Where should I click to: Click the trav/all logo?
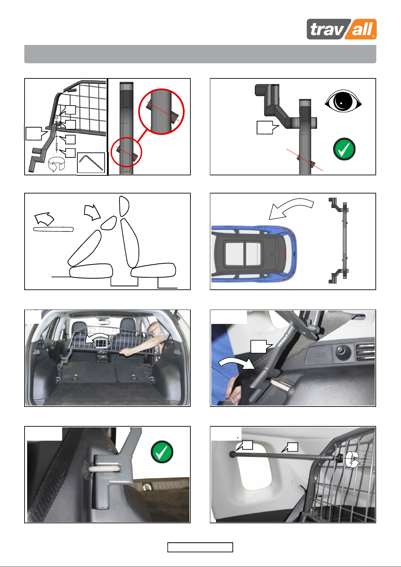click(341, 29)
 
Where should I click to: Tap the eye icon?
click(343, 101)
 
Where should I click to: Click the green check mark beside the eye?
click(344, 149)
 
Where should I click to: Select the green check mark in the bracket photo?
click(162, 452)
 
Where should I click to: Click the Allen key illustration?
click(91, 163)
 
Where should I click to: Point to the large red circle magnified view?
click(161, 112)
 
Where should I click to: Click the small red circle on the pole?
click(126, 152)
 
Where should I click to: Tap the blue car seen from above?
click(254, 254)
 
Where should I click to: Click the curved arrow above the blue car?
click(291, 209)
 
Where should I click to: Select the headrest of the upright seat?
click(124, 206)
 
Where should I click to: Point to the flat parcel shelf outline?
click(53, 229)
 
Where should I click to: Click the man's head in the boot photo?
click(154, 329)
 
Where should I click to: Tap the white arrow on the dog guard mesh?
click(97, 338)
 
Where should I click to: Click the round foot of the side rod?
click(232, 454)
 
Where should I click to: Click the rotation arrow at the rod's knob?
click(353, 459)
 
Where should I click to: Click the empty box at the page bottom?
click(200, 547)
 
